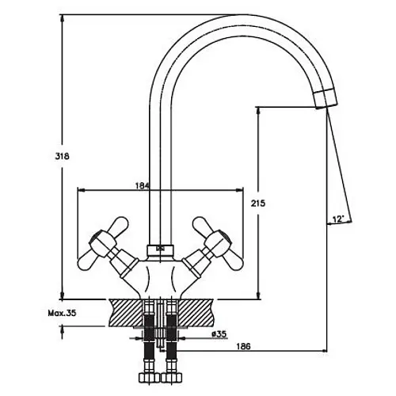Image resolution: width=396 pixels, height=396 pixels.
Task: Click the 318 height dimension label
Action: click(x=62, y=156)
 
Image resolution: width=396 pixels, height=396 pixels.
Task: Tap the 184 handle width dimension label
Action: click(x=143, y=185)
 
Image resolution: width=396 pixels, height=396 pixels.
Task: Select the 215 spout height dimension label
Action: click(x=258, y=204)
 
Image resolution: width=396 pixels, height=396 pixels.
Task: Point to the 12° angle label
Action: click(x=338, y=219)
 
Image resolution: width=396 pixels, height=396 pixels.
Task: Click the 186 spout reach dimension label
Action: click(x=243, y=346)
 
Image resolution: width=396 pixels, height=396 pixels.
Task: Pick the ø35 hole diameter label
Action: click(x=219, y=334)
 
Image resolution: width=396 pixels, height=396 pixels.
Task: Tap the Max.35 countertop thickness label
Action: click(x=62, y=313)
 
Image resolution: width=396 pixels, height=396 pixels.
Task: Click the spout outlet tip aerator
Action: click(x=326, y=99)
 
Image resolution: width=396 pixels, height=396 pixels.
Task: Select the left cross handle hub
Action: click(x=103, y=243)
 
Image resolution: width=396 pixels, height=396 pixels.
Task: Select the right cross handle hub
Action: click(x=218, y=243)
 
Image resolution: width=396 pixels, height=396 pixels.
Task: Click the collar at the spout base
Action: click(x=161, y=250)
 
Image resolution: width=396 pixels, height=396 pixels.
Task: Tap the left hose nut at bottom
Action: click(x=149, y=378)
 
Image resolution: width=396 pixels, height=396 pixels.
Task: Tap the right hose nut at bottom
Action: click(x=171, y=378)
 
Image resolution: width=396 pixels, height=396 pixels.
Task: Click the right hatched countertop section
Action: click(x=196, y=313)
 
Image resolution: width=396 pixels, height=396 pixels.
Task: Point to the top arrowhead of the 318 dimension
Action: click(x=63, y=18)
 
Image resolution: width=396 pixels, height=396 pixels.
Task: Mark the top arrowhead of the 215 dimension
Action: click(x=258, y=110)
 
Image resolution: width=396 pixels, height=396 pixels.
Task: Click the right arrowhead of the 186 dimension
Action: click(x=323, y=351)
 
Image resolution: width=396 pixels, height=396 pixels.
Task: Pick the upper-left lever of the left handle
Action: click(x=118, y=225)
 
